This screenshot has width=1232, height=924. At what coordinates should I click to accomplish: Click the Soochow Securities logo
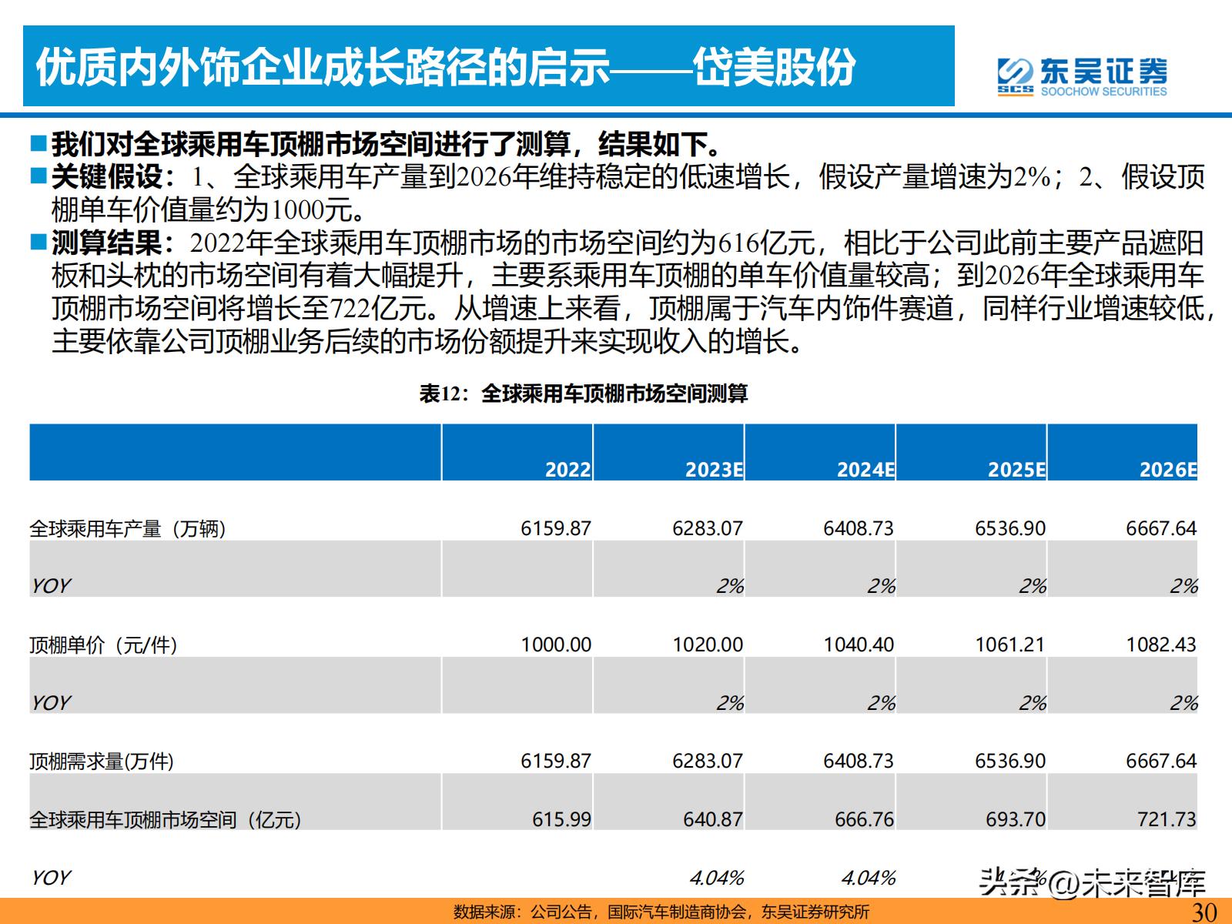(1081, 75)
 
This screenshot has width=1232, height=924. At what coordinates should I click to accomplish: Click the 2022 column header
(567, 470)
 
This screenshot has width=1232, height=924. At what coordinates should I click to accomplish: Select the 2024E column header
(865, 470)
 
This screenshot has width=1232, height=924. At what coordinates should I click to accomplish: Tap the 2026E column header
(1168, 470)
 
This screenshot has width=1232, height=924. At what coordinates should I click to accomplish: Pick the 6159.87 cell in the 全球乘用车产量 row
(555, 528)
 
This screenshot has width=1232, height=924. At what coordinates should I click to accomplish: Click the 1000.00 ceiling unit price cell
(555, 644)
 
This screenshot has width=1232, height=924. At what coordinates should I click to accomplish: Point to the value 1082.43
(1161, 644)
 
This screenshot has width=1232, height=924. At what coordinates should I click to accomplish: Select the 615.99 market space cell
(561, 819)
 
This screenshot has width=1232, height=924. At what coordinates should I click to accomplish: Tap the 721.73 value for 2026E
(1167, 819)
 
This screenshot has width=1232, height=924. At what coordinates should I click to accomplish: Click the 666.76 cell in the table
(864, 819)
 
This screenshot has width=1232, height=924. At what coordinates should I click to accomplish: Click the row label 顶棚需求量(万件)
(102, 761)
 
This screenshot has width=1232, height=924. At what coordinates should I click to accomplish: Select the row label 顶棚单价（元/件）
(103, 644)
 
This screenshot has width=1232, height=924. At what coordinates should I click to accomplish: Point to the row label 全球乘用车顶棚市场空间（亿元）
(165, 819)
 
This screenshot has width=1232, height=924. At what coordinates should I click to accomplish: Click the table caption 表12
(583, 394)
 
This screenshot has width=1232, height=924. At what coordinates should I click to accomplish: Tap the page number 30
(1204, 912)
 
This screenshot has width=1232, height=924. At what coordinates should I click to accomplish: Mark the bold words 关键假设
(107, 177)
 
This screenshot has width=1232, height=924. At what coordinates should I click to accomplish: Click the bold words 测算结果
(107, 243)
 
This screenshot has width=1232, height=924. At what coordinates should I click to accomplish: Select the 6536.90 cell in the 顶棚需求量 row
(1009, 761)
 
